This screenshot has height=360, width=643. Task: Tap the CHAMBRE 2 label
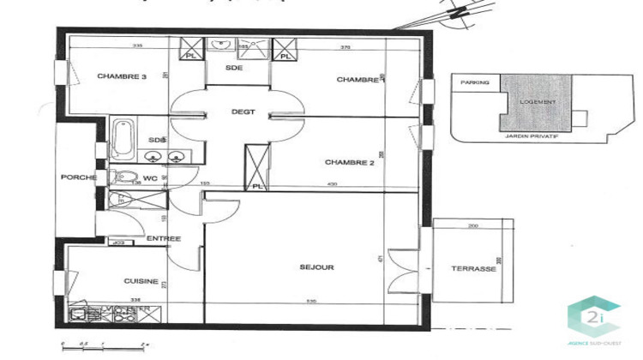click(350, 161)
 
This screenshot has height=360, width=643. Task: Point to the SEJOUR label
click(317, 267)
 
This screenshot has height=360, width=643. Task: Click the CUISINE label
click(138, 280)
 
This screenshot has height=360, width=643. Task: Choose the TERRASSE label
click(474, 268)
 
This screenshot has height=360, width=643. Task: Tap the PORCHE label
click(77, 177)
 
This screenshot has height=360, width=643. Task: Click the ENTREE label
click(162, 238)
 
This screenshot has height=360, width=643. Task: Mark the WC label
click(151, 178)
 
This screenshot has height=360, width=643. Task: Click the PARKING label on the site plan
click(474, 83)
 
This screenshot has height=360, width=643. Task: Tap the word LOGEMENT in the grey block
click(538, 102)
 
